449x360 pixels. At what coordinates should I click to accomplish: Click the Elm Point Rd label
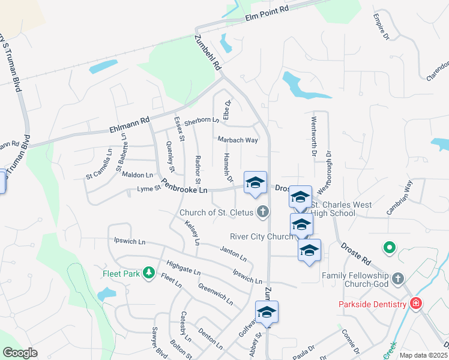(x=267, y=14)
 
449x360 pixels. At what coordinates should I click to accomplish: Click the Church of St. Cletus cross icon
(x=262, y=211)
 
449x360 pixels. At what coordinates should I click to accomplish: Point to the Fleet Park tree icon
(x=149, y=274)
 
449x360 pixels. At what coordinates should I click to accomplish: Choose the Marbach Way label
(x=238, y=140)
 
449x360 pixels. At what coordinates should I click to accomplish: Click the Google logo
(x=20, y=352)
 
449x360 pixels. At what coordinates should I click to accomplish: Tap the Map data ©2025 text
(x=423, y=355)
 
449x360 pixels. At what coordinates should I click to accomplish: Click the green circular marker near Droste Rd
(x=389, y=247)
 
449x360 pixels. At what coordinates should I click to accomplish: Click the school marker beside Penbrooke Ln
(x=255, y=183)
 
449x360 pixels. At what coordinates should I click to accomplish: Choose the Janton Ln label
(x=234, y=254)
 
